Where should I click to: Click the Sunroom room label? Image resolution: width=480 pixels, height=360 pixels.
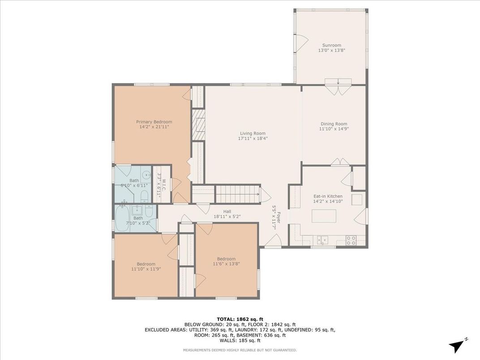(x=331, y=45)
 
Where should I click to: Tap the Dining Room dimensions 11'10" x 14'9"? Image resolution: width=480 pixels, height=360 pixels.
(x=334, y=129)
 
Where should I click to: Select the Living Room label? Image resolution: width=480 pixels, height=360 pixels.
(x=253, y=133)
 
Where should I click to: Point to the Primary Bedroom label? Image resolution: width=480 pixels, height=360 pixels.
(x=154, y=122)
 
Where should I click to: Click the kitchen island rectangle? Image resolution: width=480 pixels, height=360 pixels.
(x=324, y=216)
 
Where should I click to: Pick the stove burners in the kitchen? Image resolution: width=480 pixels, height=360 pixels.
(x=351, y=240)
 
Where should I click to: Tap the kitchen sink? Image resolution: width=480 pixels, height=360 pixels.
(x=322, y=240)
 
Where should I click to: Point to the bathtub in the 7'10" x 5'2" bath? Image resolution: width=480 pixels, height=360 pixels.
(x=122, y=218)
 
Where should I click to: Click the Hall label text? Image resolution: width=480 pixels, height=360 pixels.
(x=227, y=211)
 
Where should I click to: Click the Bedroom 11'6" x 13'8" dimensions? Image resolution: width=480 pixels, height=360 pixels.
(x=226, y=264)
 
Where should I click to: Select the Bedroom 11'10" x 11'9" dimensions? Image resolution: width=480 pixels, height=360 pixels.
(x=146, y=269)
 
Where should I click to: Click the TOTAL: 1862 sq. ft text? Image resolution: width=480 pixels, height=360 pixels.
(x=240, y=319)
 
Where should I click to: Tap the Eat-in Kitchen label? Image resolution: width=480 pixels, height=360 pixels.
(x=328, y=196)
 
